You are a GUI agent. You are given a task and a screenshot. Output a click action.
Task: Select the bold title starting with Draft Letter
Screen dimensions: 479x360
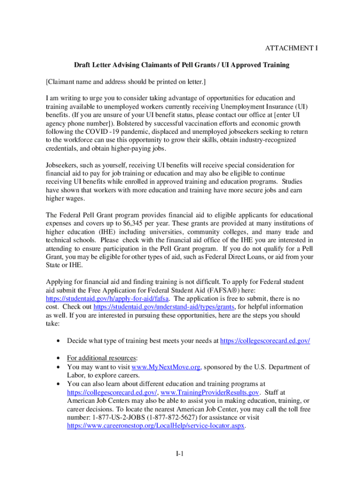pyautogui.click(x=181, y=65)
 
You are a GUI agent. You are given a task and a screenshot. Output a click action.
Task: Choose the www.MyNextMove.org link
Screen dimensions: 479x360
pyautogui.click(x=167, y=367)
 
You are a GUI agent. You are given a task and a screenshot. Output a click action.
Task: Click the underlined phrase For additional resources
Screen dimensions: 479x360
pyautogui.click(x=99, y=359)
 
